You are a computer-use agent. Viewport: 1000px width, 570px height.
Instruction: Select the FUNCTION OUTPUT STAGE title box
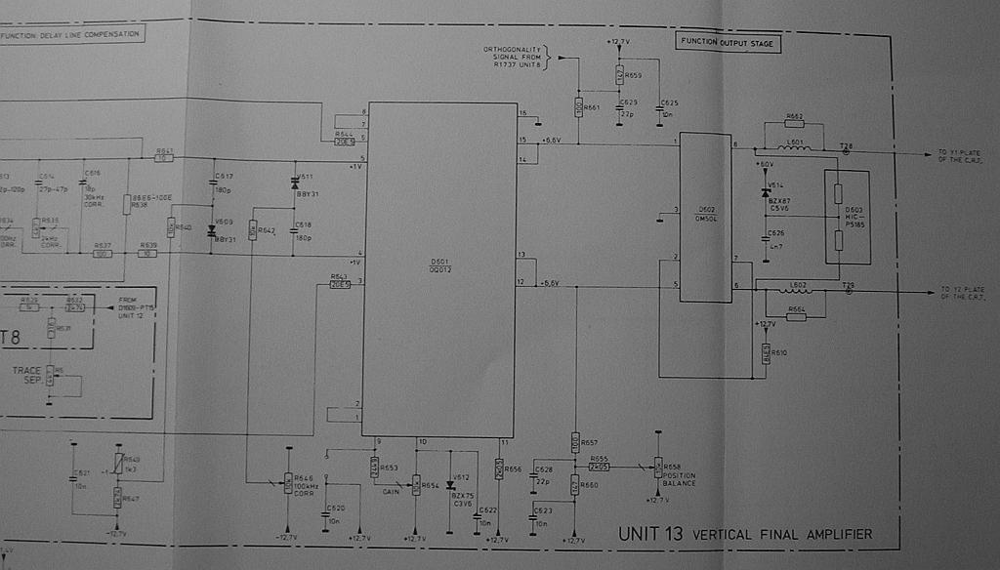click(728, 43)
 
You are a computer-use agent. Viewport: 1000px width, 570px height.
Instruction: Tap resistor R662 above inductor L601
click(794, 123)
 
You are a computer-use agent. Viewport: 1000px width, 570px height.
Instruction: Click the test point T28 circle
click(846, 151)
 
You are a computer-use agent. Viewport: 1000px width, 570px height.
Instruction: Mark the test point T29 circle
click(848, 291)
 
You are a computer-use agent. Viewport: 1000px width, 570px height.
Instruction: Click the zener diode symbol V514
click(766, 192)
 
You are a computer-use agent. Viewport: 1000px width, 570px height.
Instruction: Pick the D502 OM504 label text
click(706, 213)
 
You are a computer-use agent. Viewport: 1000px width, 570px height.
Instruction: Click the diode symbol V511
click(295, 184)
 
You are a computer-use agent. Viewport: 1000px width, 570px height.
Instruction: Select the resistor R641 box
click(164, 157)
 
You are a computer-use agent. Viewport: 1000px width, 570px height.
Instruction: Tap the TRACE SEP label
click(26, 375)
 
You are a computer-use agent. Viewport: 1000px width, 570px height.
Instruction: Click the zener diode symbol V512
click(450, 484)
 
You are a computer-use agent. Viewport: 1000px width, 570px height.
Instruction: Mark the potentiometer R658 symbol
click(658, 468)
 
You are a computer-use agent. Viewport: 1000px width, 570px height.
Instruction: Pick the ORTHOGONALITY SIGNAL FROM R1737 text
click(515, 57)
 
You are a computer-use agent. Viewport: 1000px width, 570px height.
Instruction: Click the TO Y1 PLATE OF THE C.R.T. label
click(962, 156)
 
